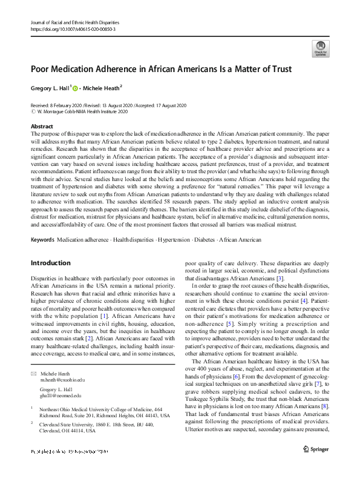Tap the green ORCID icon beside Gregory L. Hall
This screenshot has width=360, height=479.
[x=76, y=88]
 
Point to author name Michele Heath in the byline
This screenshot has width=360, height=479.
[x=103, y=88]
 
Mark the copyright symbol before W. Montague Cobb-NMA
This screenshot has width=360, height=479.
[x=32, y=110]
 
